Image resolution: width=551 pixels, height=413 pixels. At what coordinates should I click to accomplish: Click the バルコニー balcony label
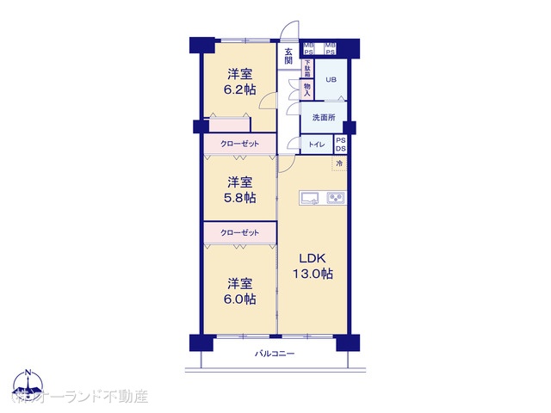(275, 353)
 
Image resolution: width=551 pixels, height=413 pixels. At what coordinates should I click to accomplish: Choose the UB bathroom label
(331, 81)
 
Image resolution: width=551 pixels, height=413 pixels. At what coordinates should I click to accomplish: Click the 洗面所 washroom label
(324, 118)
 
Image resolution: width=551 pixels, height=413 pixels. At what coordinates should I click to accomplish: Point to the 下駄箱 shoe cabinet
(306, 67)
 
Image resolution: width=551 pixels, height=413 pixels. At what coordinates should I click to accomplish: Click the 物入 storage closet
(306, 89)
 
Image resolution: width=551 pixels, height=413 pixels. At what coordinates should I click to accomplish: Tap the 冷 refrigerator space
(339, 163)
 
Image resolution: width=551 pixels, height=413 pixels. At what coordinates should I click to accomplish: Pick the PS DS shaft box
(340, 144)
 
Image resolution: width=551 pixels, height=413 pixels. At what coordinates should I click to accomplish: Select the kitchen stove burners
(336, 198)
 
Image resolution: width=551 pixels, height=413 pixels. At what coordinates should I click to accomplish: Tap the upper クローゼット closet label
(239, 144)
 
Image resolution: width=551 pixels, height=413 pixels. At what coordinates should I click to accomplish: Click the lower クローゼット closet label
(239, 232)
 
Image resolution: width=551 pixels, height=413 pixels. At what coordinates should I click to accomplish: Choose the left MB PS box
(308, 48)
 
